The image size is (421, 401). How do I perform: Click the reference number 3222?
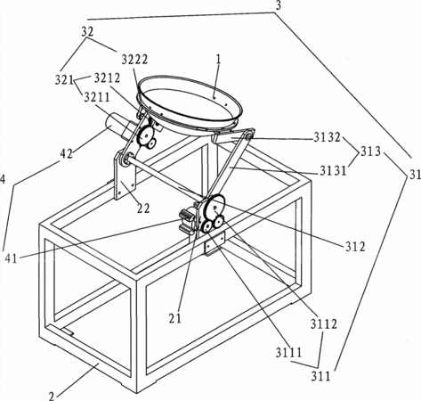[x=134, y=60]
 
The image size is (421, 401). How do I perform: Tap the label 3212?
[x=107, y=78]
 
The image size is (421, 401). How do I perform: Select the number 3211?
[x=97, y=97]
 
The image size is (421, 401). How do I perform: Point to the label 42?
[x=66, y=154]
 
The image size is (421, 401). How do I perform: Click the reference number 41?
[x=12, y=258]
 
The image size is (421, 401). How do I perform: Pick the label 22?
[x=143, y=209]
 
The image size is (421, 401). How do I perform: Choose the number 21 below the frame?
[x=175, y=318]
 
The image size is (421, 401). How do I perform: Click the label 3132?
[x=328, y=137]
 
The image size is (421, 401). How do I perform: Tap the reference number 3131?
[x=333, y=171]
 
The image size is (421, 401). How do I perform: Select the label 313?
[x=370, y=152]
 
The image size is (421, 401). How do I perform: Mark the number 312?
[x=355, y=247]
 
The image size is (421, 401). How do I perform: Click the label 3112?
[x=324, y=324]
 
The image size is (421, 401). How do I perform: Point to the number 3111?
[x=288, y=353]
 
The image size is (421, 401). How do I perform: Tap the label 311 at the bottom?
[x=320, y=377]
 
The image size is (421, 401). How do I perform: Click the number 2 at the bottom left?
[x=52, y=397]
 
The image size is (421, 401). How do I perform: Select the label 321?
[x=64, y=80]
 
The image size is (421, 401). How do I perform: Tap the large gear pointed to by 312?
[x=215, y=205]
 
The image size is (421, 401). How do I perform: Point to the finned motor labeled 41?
[x=186, y=220]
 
